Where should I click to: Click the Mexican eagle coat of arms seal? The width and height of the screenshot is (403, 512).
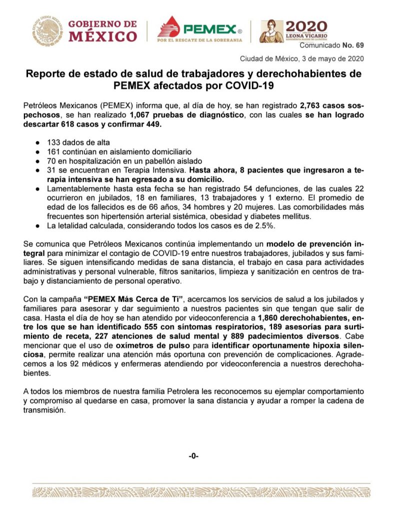coord(48,31)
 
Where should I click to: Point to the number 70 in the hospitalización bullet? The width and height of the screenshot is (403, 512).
coord(52,161)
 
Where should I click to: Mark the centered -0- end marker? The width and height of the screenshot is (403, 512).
coord(193,455)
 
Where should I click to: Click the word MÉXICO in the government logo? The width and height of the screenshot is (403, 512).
coord(102,36)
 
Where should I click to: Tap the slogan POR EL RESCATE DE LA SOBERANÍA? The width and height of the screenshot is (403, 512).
coord(199,39)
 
